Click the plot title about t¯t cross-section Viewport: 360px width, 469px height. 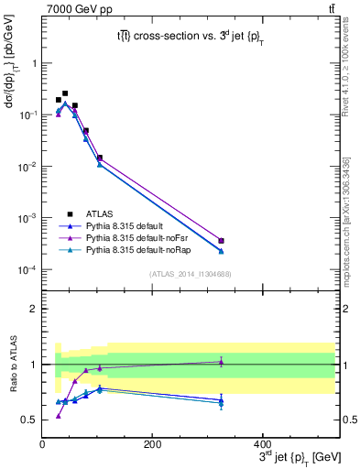pos(188,37)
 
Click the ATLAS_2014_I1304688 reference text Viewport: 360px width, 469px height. pos(189,274)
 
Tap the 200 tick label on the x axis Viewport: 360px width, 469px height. pos(152,442)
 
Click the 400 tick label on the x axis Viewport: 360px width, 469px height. pos(262,442)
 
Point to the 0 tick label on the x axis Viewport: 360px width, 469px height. pos(42,442)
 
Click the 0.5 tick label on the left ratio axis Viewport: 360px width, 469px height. pos(28,420)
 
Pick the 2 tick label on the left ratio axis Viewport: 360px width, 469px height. pos(33,309)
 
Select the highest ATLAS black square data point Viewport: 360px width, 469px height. pos(64,93)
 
